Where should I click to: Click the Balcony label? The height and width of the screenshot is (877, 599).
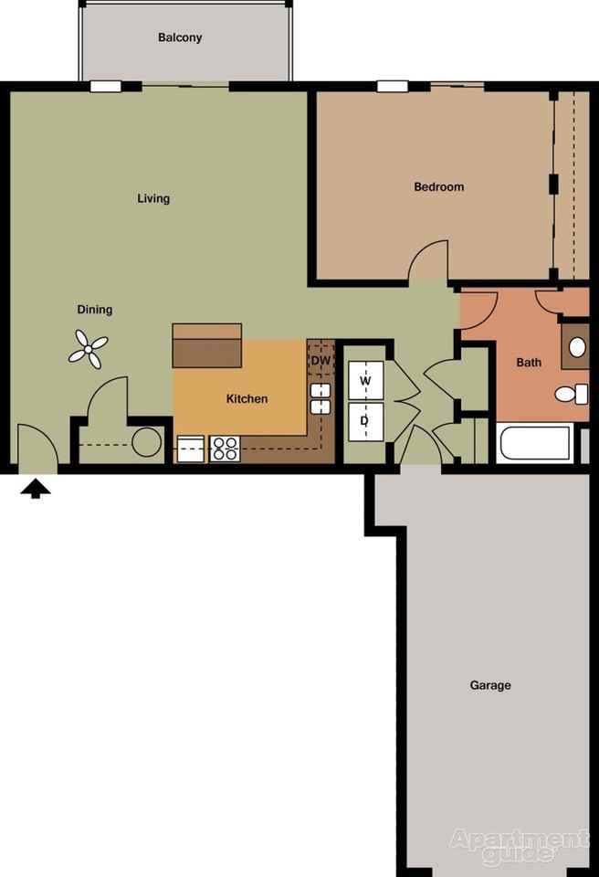(180, 37)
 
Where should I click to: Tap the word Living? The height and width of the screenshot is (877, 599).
(153, 198)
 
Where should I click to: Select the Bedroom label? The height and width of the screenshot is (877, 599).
(438, 186)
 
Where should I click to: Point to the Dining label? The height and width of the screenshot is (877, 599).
(95, 310)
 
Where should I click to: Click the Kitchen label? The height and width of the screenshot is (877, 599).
(247, 398)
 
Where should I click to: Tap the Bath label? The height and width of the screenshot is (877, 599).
(529, 362)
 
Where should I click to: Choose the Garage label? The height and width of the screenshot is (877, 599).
(490, 685)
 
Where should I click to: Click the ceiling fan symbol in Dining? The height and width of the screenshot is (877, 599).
(89, 350)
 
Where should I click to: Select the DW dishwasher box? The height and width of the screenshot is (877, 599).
(320, 361)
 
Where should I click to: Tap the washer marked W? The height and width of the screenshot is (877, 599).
(365, 380)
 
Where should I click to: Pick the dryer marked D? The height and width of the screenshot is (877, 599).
(365, 421)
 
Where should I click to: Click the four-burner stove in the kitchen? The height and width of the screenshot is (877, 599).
(226, 449)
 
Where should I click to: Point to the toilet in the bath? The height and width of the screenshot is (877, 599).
(571, 395)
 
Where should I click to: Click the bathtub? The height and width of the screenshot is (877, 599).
(535, 444)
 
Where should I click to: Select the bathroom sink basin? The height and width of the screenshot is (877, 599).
(577, 347)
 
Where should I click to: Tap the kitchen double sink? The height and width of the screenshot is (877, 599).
(320, 399)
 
